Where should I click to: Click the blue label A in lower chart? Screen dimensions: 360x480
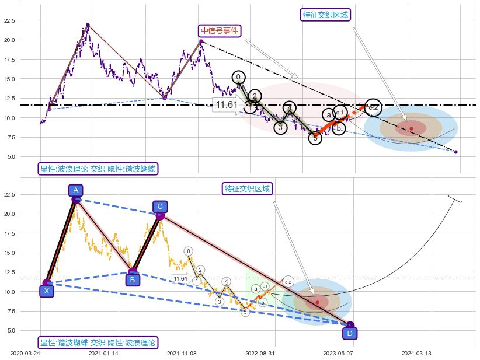pos(75,190)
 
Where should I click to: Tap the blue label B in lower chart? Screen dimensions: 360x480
pos(133,280)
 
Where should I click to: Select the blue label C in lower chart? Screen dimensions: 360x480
pos(160,207)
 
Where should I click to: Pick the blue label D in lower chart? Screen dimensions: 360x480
pos(350,333)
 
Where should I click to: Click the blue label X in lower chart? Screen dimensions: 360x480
pos(47,291)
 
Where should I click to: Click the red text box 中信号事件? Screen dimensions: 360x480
pos(220,31)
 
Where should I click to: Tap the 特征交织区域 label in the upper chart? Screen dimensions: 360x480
pos(326,15)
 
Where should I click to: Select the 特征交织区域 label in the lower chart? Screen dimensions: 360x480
pos(248,188)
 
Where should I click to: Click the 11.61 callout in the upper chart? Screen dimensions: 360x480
pos(227,105)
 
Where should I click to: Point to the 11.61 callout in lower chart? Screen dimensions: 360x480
pos(180,279)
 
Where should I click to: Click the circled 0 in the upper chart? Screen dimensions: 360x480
pos(238,77)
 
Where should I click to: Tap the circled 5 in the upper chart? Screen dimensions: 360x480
pos(315,138)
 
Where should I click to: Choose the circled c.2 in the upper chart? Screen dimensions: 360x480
pos(373,107)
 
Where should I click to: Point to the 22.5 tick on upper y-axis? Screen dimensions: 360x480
pos(9,20)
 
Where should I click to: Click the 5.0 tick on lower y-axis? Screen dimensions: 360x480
pos(11,330)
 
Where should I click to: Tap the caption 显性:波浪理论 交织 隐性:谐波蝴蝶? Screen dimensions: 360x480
pos(98,169)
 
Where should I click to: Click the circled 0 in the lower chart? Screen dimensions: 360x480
pos(188,251)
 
